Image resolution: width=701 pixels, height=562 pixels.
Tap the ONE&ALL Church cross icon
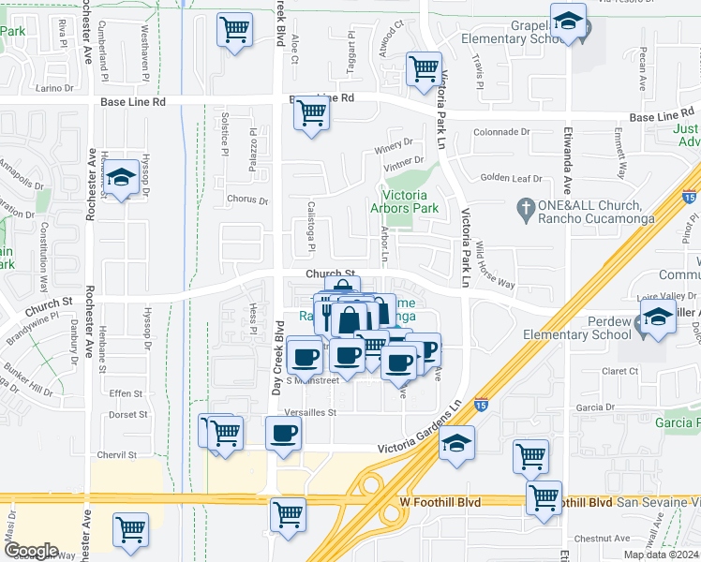528,206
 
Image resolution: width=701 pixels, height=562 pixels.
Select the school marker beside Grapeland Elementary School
567,22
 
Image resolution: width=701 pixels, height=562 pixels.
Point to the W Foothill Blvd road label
440,503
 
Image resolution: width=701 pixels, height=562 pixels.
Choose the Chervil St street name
117,455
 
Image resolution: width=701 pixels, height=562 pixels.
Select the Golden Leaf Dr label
511,178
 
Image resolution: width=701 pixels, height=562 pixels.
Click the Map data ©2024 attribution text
662,555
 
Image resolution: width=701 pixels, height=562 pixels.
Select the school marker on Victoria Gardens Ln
456,443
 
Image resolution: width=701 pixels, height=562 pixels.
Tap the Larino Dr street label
54,88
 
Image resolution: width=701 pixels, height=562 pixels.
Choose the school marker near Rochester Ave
120,177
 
